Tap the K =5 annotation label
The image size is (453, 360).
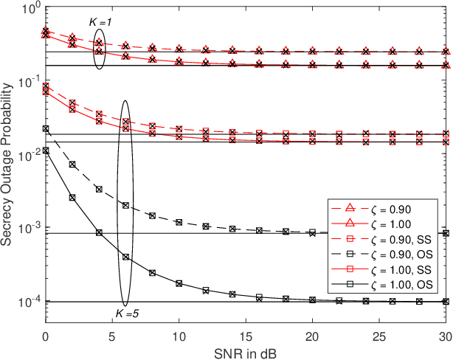125,316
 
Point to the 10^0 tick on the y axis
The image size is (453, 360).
31,10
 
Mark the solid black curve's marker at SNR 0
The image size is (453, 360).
46,150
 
